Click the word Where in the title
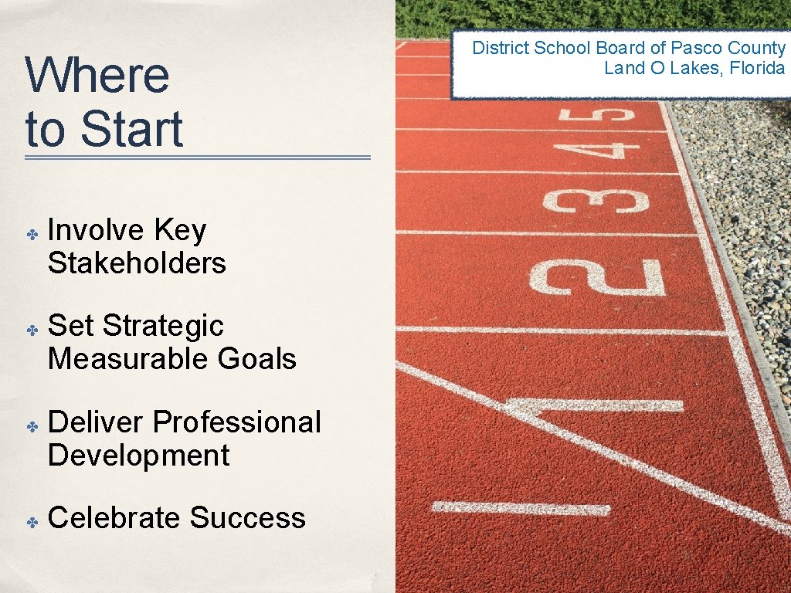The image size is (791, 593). [x=97, y=75]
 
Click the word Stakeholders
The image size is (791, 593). [x=137, y=263]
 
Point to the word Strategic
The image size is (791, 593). [x=163, y=326]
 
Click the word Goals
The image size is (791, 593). [x=257, y=359]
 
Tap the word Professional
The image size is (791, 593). [x=236, y=422]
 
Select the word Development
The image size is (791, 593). [x=139, y=456]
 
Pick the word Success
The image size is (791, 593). [x=247, y=518]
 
